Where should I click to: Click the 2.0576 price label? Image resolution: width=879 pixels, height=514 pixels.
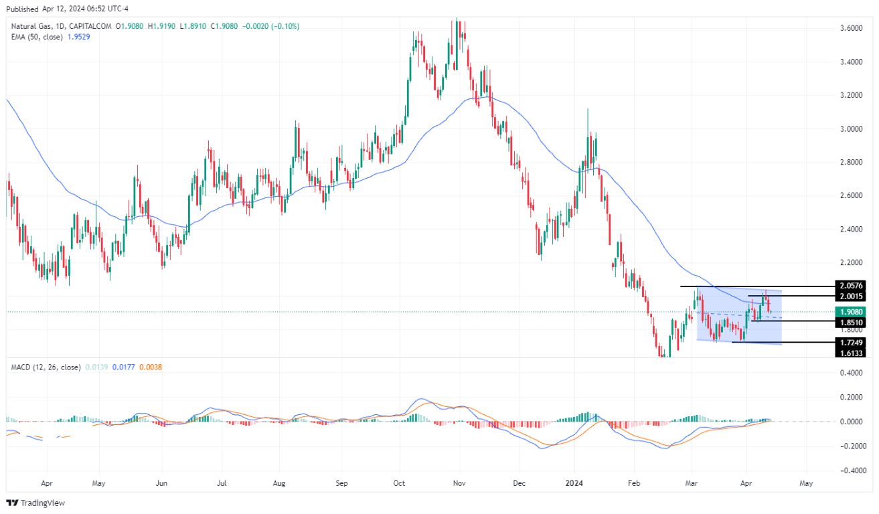[x=850, y=286]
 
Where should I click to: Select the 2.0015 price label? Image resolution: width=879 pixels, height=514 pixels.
[x=850, y=296]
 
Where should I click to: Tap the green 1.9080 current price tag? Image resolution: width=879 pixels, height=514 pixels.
[x=850, y=312]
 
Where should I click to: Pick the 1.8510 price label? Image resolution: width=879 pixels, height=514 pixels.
[x=850, y=323]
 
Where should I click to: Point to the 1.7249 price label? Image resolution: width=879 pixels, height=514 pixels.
[x=850, y=342]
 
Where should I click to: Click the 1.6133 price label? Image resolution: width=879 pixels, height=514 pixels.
[x=850, y=353]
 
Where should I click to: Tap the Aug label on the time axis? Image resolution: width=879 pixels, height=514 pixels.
[x=279, y=481]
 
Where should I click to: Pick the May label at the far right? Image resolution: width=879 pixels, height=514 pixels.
[x=806, y=481]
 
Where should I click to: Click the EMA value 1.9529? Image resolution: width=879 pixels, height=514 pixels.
[x=77, y=37]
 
